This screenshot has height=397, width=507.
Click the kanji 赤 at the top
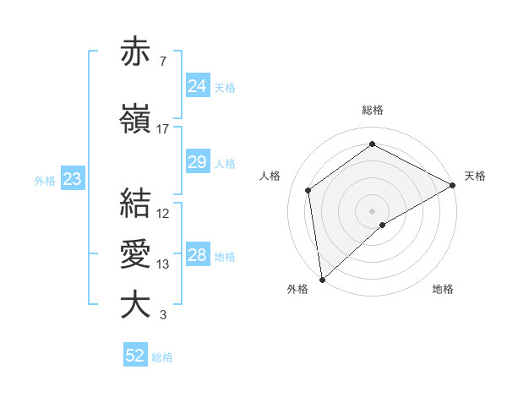(135, 52)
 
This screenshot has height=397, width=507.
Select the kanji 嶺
(135, 119)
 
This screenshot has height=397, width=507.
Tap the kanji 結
(135, 204)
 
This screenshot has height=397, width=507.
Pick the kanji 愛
(135, 254)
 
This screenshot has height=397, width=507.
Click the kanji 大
(135, 305)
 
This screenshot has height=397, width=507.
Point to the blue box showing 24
(198, 86)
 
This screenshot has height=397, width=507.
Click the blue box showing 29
(198, 162)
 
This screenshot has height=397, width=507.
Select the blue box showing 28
(198, 255)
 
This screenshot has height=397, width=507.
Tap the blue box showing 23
(72, 179)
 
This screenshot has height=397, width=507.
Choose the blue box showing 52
(135, 356)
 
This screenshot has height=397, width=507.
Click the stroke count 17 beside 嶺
(163, 129)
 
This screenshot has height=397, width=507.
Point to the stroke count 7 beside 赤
(163, 62)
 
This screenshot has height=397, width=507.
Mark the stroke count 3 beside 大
(163, 315)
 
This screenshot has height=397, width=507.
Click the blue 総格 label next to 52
(162, 357)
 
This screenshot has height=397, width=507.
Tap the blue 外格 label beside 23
(45, 180)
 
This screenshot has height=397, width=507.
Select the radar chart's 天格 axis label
(475, 176)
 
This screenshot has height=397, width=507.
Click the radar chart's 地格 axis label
(443, 289)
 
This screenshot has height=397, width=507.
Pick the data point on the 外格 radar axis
(322, 279)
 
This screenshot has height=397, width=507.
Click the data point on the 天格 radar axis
(452, 185)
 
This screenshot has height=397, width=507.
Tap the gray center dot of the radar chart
(372, 209)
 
